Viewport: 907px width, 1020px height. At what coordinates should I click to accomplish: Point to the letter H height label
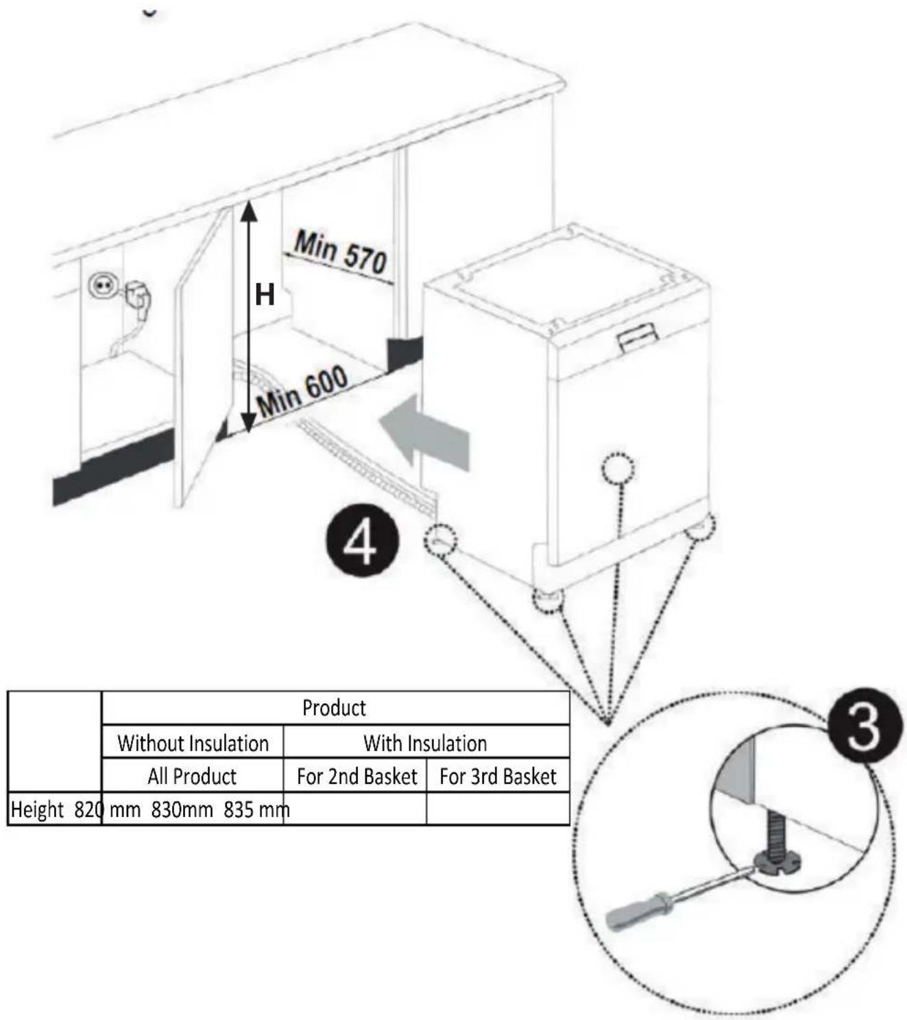[265, 294]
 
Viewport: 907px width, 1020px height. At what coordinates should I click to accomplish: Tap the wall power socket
[99, 285]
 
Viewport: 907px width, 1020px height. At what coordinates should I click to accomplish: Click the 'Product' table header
[334, 709]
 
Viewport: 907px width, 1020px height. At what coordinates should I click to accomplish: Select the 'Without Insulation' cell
[193, 744]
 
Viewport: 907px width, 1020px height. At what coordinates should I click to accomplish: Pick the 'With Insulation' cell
[425, 744]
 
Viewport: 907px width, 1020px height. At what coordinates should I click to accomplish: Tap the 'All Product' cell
[192, 776]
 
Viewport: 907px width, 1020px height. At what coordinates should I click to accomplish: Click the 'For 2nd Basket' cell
[357, 776]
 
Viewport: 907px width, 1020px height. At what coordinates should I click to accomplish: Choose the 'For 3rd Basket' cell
[498, 776]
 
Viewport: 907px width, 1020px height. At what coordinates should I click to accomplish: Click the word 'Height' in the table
[37, 810]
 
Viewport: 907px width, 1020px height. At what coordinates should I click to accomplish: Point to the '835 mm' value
[256, 810]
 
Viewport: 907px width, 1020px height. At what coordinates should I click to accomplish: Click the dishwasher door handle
[638, 337]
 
